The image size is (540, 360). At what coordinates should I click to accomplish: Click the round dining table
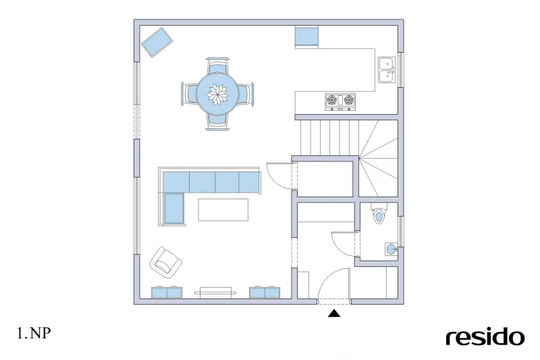(217, 94)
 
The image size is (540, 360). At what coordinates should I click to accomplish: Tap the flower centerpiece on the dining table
(217, 95)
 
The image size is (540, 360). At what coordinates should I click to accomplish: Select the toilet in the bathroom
(379, 214)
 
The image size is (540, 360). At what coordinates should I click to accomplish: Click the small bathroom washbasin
(391, 249)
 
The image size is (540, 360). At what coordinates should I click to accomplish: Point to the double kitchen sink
(387, 70)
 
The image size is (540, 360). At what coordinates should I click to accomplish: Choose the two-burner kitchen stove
(340, 101)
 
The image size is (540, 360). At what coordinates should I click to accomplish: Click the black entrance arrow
(334, 313)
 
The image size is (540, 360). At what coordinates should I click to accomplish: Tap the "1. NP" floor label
(34, 333)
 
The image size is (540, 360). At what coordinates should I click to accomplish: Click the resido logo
(485, 337)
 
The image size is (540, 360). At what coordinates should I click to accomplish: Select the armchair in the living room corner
(165, 263)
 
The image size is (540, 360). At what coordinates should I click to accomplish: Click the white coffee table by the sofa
(223, 210)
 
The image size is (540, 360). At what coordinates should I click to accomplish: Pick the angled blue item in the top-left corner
(157, 43)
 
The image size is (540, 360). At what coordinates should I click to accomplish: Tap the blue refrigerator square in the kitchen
(306, 36)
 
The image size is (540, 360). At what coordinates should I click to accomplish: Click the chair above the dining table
(217, 66)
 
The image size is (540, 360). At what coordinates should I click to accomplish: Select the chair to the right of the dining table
(246, 94)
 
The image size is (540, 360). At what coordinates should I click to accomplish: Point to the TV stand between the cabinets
(215, 292)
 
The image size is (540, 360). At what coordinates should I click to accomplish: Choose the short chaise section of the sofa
(174, 209)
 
